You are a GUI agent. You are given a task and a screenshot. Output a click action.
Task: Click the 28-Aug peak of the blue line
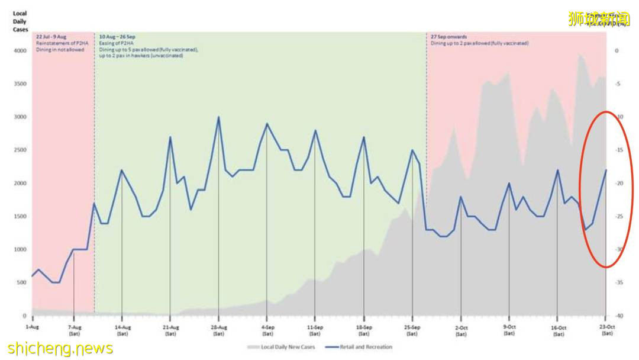[x=218, y=117]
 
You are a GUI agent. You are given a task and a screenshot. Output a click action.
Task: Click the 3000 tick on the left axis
[x=21, y=117]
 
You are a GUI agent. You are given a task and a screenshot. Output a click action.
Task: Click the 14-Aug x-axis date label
[x=122, y=327]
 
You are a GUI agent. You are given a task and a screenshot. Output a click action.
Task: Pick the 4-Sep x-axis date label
[x=266, y=327]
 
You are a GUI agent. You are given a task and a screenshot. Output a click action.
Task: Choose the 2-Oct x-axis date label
[x=461, y=327]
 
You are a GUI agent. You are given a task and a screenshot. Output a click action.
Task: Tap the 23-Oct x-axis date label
[x=606, y=327]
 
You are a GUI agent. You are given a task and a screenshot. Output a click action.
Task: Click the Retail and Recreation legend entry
[x=366, y=347]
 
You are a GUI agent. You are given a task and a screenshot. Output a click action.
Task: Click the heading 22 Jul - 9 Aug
[x=51, y=37]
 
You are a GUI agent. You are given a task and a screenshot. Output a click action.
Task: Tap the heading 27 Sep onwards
[x=448, y=37]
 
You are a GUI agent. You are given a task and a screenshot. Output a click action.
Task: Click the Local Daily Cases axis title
[x=20, y=21]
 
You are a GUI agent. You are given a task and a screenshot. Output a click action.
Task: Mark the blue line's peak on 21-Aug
[x=170, y=137]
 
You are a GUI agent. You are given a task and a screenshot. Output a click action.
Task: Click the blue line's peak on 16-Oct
[x=557, y=171]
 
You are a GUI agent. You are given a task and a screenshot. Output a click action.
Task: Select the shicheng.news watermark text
[x=60, y=349]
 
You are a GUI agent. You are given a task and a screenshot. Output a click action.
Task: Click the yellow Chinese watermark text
[x=598, y=18]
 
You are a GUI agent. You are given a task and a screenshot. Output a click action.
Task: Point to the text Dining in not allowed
[x=60, y=50]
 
